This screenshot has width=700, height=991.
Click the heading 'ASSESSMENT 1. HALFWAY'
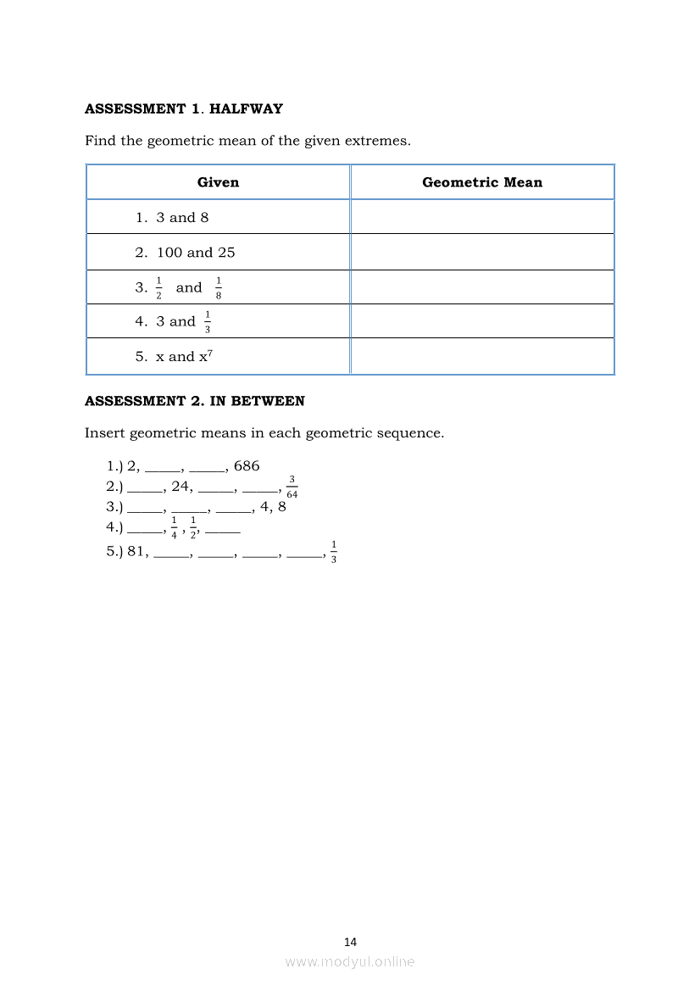pyautogui.click(x=184, y=109)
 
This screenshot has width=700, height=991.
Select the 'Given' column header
pyautogui.click(x=218, y=182)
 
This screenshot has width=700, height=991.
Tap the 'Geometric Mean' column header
pyautogui.click(x=482, y=182)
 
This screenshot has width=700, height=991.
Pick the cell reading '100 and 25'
pyautogui.click(x=196, y=253)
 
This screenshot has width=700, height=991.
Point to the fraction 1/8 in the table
pyautogui.click(x=219, y=288)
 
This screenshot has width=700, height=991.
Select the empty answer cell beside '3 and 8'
pyautogui.click(x=482, y=217)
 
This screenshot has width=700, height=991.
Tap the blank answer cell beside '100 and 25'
pyautogui.click(x=482, y=253)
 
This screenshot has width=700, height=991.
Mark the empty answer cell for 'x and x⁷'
pyautogui.click(x=482, y=357)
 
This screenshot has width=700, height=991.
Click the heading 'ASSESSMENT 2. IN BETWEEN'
pyautogui.click(x=195, y=401)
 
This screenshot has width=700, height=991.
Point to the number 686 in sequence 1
pyautogui.click(x=247, y=466)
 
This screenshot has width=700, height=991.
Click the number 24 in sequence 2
pyautogui.click(x=181, y=487)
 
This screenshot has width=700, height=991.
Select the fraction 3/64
pyautogui.click(x=292, y=487)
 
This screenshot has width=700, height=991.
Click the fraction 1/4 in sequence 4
pyautogui.click(x=174, y=527)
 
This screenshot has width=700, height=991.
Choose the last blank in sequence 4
pyautogui.click(x=223, y=530)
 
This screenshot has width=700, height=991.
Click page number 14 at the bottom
pyautogui.click(x=351, y=942)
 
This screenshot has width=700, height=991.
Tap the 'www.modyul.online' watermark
pyautogui.click(x=350, y=962)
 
